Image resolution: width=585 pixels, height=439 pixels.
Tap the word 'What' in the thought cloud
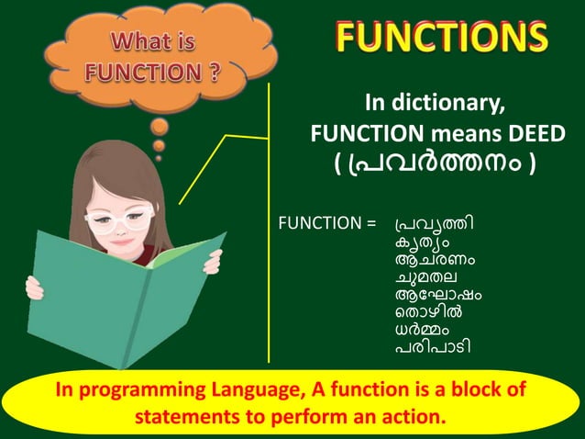tap(136, 43)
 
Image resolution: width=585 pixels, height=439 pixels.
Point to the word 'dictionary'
tap(455, 101)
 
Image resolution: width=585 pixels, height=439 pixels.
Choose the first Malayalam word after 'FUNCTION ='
tap(435, 223)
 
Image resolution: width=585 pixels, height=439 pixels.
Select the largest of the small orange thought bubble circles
tap(160, 126)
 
